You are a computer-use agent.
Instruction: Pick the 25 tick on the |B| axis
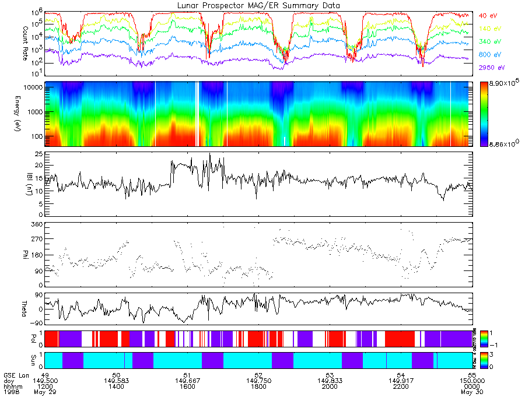pos(38,154)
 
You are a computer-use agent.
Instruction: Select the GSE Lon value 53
pos(330,375)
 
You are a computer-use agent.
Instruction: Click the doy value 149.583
pos(116,381)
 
